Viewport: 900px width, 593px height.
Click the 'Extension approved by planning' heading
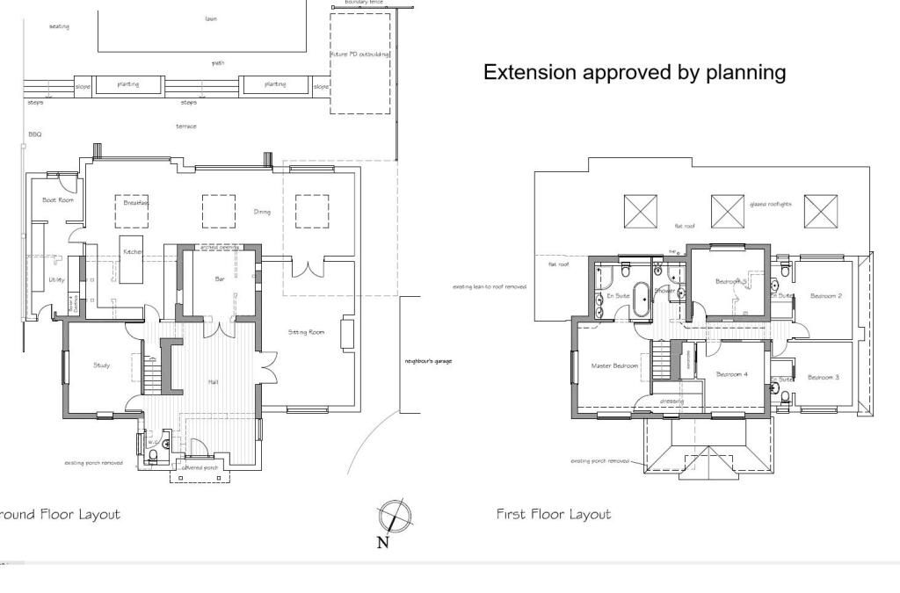(x=635, y=72)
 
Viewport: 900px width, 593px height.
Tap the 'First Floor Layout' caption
(x=553, y=514)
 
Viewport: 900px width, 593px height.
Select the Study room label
(x=102, y=365)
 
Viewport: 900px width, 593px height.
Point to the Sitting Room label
(x=307, y=332)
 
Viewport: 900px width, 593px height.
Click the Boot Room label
(x=58, y=200)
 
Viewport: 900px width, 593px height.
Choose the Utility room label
(x=56, y=280)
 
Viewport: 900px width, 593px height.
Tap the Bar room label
(x=221, y=279)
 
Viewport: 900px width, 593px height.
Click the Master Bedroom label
(x=614, y=365)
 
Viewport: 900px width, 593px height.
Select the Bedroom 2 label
(x=825, y=296)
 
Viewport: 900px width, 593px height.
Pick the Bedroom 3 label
(x=823, y=377)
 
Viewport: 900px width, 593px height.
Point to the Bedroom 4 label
(x=731, y=374)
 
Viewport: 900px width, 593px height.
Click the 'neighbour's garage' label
(x=428, y=361)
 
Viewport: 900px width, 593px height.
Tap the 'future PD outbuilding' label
(x=360, y=54)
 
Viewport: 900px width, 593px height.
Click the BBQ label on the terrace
(x=35, y=134)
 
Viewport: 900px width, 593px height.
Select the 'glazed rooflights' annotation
(x=770, y=204)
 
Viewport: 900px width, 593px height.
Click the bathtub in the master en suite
(x=642, y=299)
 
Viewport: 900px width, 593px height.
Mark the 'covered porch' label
(x=200, y=467)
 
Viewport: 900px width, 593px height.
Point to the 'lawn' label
(x=211, y=18)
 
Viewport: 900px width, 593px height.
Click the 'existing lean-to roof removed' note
(x=490, y=286)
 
